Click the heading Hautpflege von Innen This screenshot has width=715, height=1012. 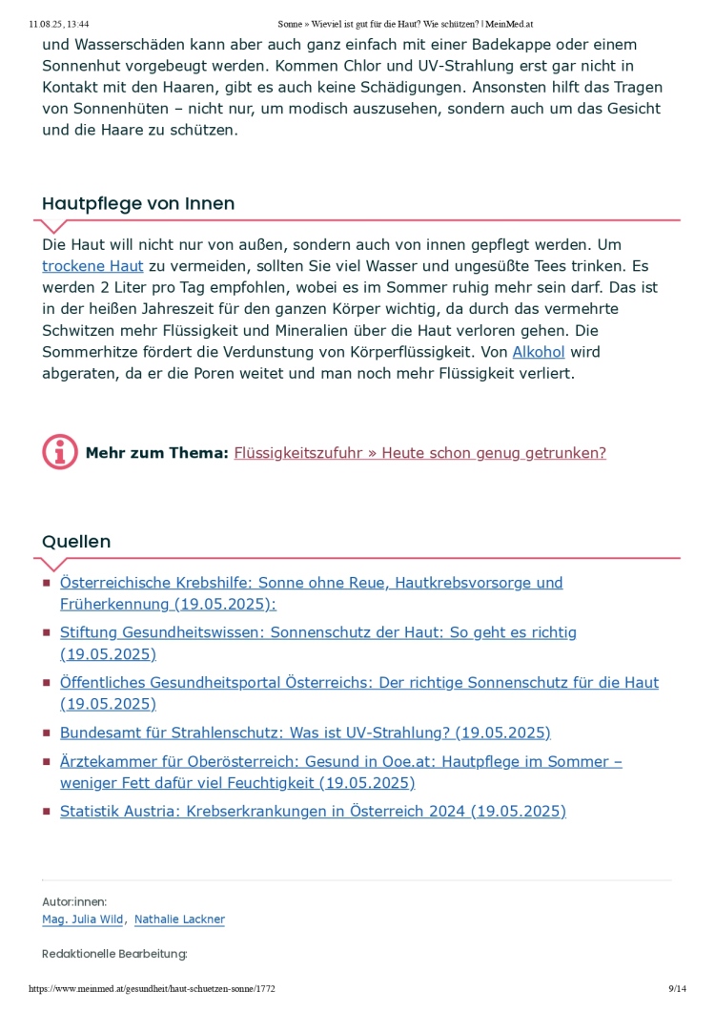point(138,204)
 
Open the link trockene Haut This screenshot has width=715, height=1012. point(92,266)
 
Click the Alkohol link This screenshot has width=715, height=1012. point(539,352)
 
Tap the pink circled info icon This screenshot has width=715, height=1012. point(60,452)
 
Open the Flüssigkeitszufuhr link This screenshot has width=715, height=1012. point(419,453)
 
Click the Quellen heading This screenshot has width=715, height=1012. point(76,542)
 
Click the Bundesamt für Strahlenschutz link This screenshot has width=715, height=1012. point(305,733)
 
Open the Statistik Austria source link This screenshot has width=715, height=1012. point(313,812)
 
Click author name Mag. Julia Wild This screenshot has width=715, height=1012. point(82,919)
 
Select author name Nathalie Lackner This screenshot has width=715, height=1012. point(179,919)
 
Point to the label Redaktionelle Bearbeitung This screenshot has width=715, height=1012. point(114,954)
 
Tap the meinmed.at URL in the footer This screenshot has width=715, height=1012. point(153,989)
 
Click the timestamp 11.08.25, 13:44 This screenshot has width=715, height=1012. point(59,23)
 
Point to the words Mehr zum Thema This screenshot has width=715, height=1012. point(156,453)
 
